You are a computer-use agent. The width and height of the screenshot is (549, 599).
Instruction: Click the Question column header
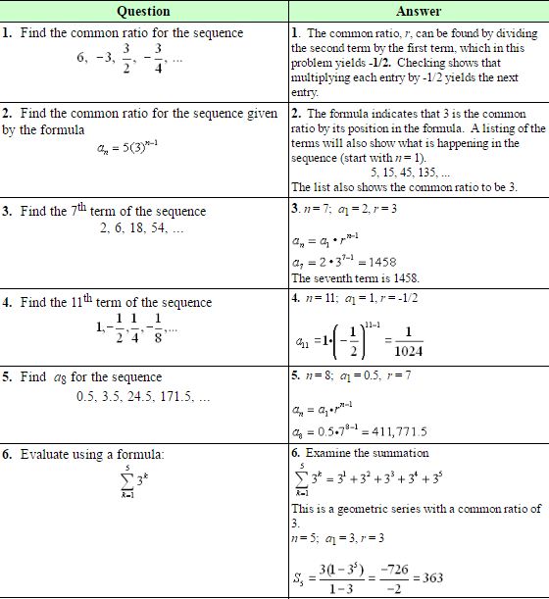143,11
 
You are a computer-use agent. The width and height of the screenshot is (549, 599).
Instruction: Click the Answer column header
419,11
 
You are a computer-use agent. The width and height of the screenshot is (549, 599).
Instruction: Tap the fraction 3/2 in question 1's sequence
125,57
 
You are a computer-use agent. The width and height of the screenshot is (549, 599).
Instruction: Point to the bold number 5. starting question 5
9,376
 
